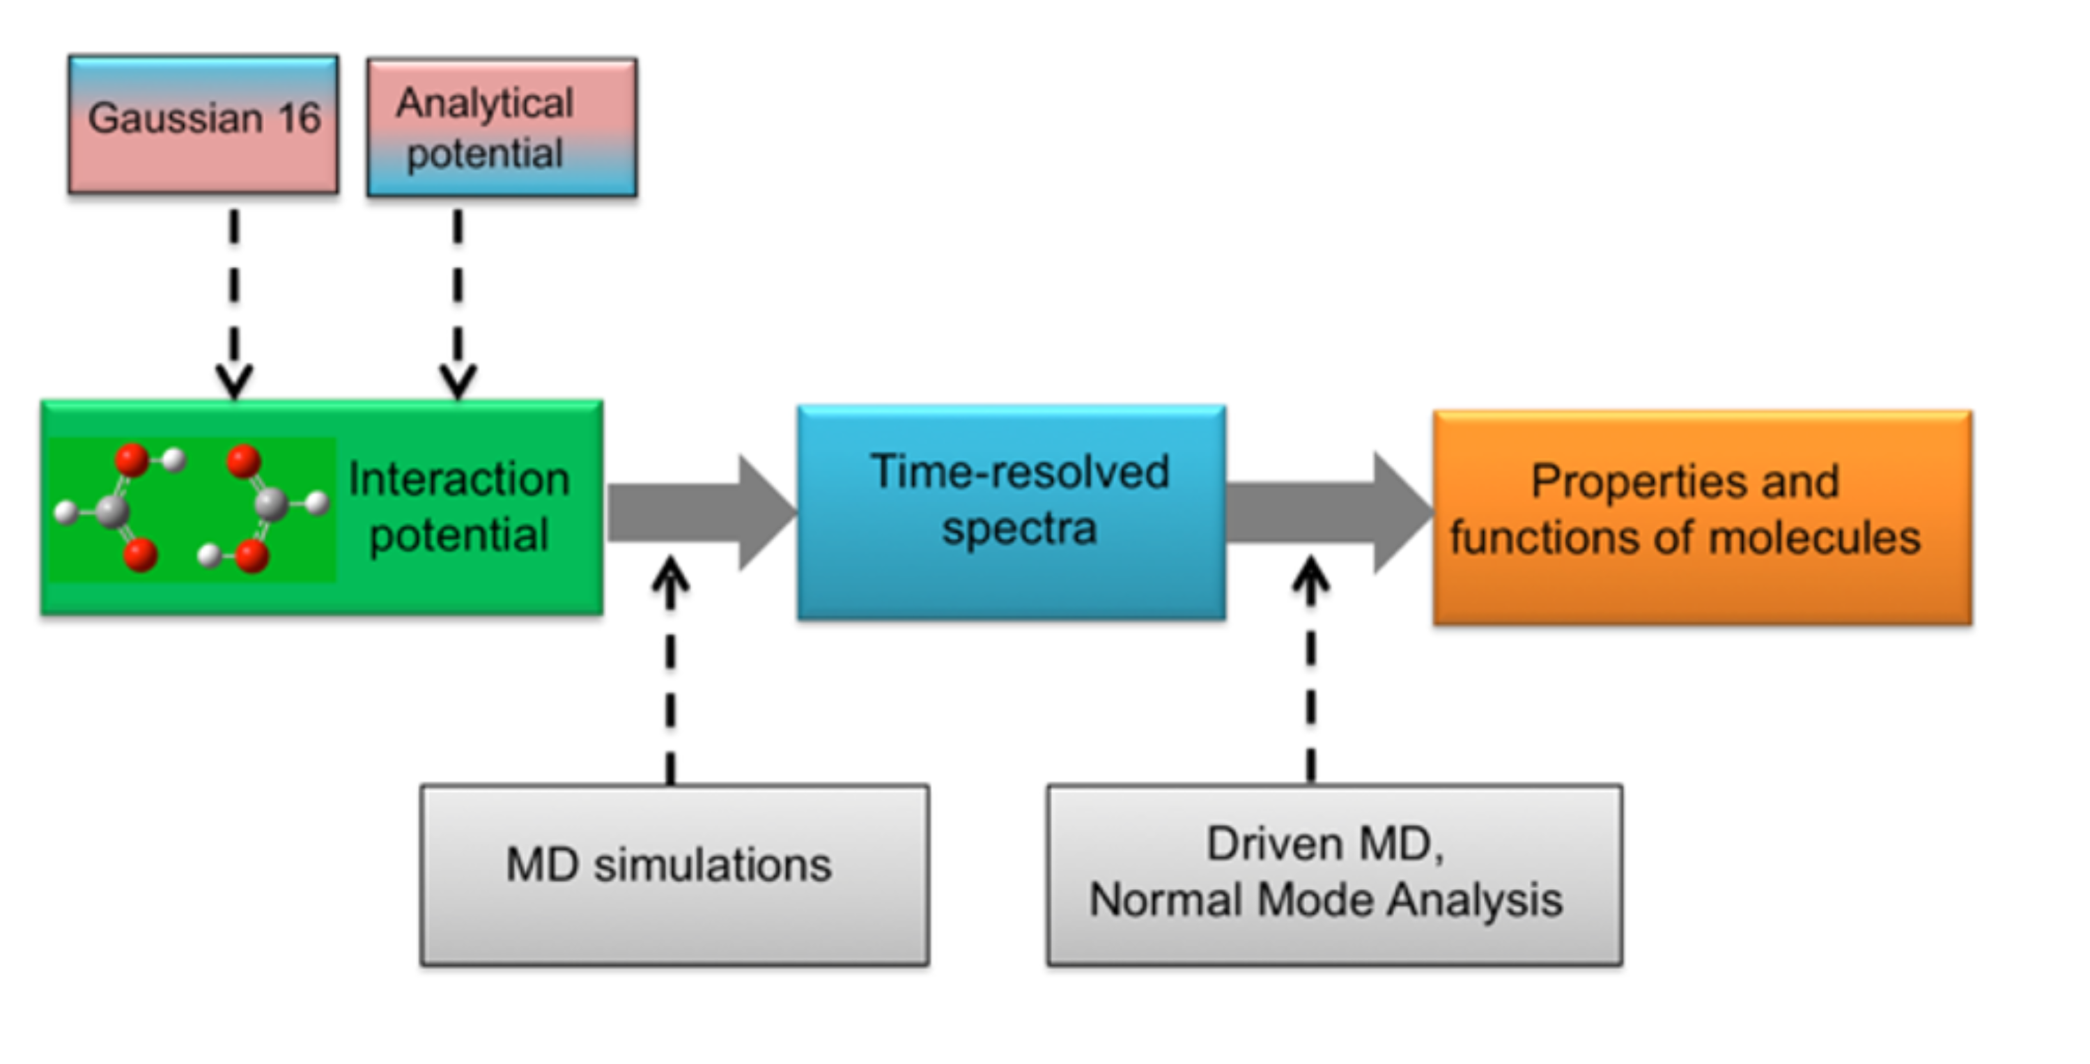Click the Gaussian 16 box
click(x=203, y=124)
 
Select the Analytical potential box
click(x=502, y=128)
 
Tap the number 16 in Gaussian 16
click(x=300, y=118)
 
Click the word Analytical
click(x=484, y=103)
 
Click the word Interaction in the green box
click(x=458, y=479)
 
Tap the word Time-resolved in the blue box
click(x=1019, y=472)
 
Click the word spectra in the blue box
click(x=1019, y=529)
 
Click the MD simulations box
click(x=674, y=875)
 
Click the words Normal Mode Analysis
click(x=1326, y=900)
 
